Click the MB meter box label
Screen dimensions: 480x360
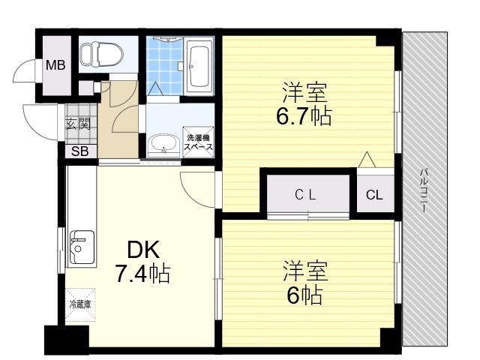coord(55,65)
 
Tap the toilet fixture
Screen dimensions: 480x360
coord(101,54)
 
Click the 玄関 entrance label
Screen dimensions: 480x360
coord(79,124)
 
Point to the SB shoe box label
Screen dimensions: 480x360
coord(79,151)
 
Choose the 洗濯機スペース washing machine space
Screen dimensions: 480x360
coord(198,142)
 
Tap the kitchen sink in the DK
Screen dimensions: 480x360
coord(82,247)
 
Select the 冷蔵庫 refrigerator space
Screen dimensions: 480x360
coord(80,304)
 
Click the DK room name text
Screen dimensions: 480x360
coord(143,250)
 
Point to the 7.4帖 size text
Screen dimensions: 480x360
coord(142,274)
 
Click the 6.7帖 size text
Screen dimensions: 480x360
coord(304,116)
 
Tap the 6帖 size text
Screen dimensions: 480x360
coord(304,295)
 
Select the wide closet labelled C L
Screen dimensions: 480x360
coord(308,194)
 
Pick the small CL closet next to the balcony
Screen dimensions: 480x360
coord(376,194)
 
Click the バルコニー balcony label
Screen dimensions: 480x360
coord(424,190)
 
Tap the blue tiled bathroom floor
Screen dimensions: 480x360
coord(164,66)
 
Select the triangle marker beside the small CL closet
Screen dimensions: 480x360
coord(367,160)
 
